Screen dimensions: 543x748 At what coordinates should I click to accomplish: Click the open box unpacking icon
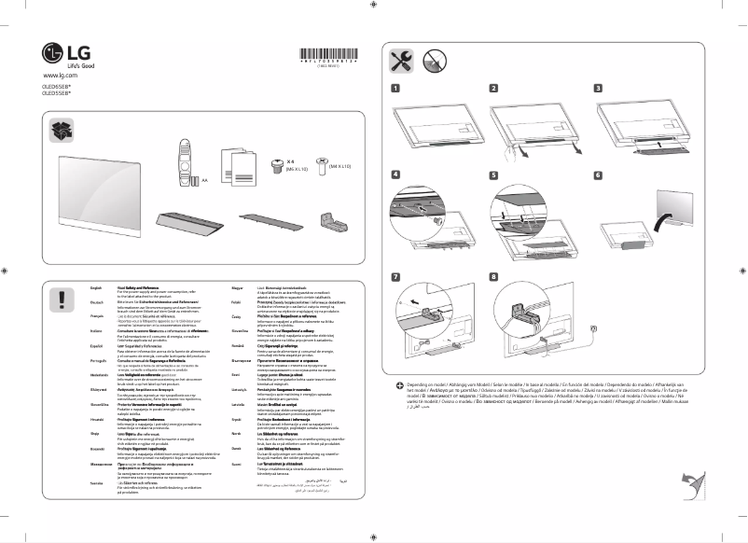pos(62,130)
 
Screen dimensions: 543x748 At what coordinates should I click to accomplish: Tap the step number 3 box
pos(598,89)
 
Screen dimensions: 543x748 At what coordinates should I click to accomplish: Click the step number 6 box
pos(598,174)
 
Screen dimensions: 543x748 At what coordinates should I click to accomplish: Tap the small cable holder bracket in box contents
pos(334,221)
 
